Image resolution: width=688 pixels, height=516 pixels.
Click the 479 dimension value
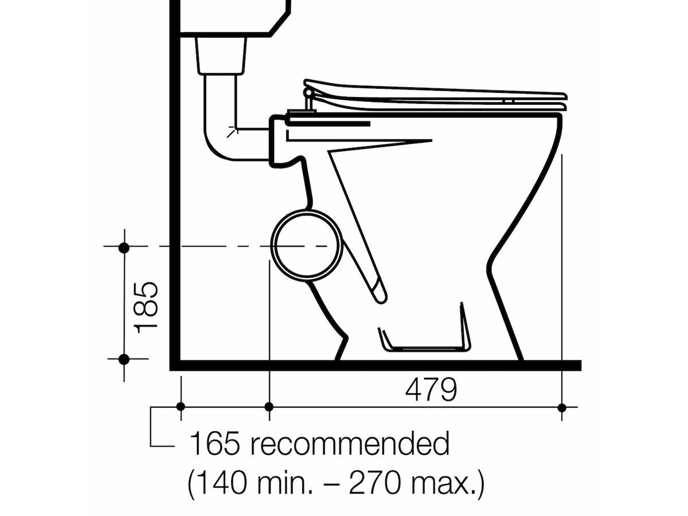[431, 390]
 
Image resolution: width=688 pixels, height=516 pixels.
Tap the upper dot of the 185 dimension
[124, 248]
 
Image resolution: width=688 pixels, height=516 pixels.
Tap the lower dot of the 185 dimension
[124, 359]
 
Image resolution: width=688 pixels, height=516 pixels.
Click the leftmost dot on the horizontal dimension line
[181, 407]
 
